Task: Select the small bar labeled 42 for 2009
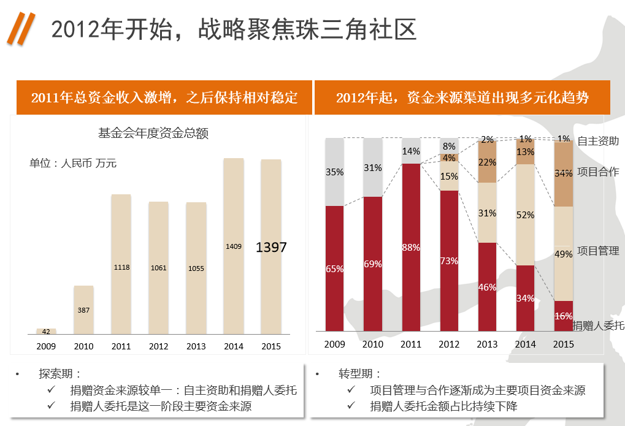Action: point(46,331)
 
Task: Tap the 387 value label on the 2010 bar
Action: point(83,310)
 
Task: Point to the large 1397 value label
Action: point(271,248)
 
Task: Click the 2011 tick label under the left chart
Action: point(121,346)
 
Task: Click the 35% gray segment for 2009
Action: point(334,172)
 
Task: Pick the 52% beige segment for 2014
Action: point(525,215)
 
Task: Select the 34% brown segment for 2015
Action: point(563,174)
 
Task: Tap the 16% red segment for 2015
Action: point(563,316)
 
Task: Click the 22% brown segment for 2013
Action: point(487,162)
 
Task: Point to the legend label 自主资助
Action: point(598,141)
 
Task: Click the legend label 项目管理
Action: point(598,251)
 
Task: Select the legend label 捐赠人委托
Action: point(599,325)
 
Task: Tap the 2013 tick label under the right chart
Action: point(487,344)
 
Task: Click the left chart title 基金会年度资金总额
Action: point(153,132)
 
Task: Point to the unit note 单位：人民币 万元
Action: point(73,164)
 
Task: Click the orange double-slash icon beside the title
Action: point(21,29)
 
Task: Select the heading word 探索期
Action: point(59,374)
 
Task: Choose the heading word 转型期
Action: point(359,374)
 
